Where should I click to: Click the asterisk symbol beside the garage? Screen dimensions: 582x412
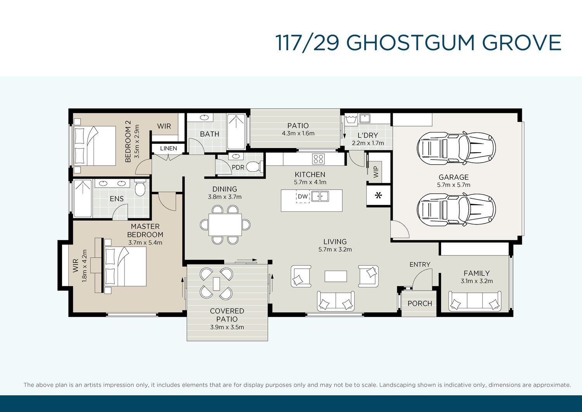tap(379, 195)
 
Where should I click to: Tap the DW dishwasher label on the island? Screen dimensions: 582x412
tap(303, 196)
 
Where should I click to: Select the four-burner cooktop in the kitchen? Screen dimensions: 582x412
tap(319, 159)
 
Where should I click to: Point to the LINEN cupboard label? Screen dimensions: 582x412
tap(168, 148)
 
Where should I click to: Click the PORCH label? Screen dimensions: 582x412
tap(419, 303)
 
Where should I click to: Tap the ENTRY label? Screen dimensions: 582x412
tap(419, 264)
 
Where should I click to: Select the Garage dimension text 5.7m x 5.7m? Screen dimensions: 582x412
tap(454, 185)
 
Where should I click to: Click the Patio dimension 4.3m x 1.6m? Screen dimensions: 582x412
tap(298, 134)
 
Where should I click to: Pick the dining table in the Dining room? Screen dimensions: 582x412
tap(225, 225)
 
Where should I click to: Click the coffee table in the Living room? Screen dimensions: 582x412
tap(336, 276)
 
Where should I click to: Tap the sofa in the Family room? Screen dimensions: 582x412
tap(475, 301)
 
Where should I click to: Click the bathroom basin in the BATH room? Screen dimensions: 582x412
tap(204, 118)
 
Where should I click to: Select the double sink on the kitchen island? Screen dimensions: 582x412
tap(320, 196)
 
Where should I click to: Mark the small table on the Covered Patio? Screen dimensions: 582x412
tap(217, 284)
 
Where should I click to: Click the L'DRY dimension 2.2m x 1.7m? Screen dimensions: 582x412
tap(368, 143)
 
